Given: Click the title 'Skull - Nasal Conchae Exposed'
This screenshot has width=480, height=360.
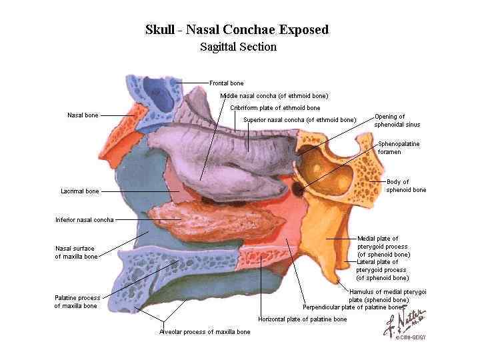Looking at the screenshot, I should point(237,30).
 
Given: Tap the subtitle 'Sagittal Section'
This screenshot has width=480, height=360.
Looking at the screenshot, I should point(238,47).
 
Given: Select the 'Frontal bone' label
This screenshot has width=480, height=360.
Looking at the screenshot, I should point(227,83).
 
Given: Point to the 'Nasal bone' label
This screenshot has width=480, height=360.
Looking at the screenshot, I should point(83,115).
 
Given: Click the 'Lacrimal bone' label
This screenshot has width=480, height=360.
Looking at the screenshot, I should point(80,191).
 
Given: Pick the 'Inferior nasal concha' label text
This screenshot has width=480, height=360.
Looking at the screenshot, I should point(85,219).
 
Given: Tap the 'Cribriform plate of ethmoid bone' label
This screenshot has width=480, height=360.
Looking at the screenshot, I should point(275,107).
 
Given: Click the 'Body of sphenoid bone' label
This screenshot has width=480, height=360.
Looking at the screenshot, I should point(406,186).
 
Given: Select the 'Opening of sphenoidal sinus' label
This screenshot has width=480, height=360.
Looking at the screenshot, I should point(397,121).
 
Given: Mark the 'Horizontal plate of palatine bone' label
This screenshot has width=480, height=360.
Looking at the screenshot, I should point(303,319).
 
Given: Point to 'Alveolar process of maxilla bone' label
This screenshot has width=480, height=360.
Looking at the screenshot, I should point(205,332).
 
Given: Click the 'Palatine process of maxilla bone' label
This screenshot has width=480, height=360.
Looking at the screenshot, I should point(77,302).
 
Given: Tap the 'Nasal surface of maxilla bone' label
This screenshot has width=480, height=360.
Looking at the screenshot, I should point(76,252).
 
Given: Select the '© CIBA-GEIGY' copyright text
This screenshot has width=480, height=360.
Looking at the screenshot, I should point(410,337).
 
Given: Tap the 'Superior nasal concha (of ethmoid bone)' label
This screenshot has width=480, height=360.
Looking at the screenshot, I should point(300,120).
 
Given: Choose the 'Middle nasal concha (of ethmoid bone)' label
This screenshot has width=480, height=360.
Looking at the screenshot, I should point(274,95).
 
